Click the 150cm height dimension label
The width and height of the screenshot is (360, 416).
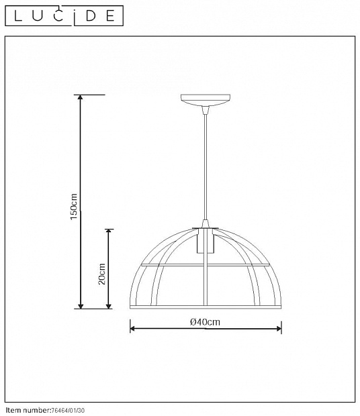74,207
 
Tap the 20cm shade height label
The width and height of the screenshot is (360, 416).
101,274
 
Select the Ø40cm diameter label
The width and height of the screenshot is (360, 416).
206,322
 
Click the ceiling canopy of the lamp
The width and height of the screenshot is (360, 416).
206,100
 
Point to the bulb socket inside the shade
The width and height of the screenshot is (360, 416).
206,241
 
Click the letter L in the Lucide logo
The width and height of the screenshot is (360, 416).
17,15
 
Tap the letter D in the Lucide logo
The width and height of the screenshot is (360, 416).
91,16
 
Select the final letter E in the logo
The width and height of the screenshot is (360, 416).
110,16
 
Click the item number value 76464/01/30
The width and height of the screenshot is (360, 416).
68,411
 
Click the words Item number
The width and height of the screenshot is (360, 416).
28,411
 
